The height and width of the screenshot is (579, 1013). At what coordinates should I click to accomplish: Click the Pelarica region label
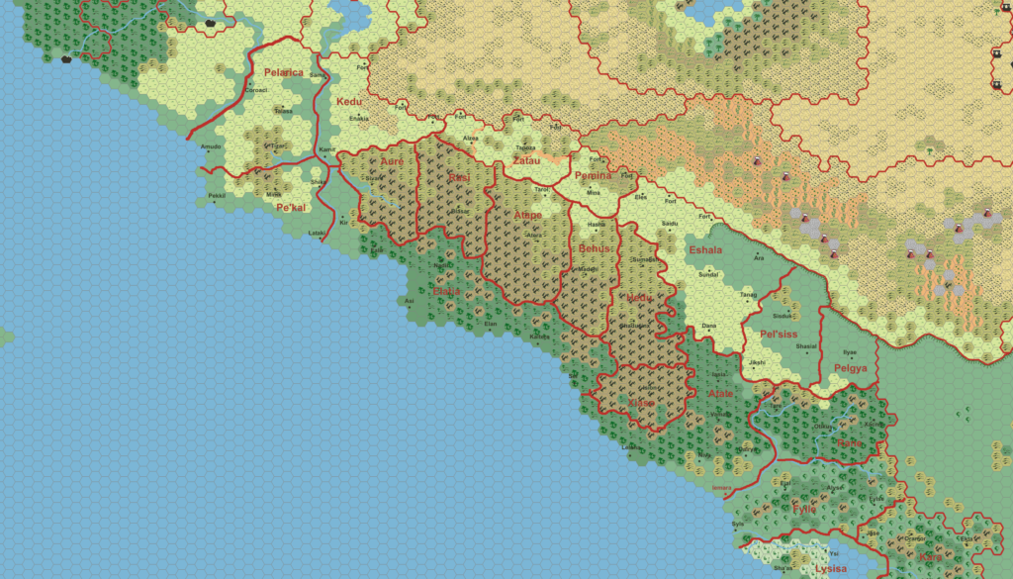click(283, 72)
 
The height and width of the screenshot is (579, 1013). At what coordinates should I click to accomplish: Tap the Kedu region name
click(349, 102)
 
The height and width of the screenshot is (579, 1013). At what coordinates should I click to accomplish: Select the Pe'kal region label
click(291, 208)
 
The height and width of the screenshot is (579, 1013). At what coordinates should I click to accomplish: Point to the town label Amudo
click(211, 147)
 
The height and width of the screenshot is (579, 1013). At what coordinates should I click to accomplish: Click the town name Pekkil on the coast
click(217, 196)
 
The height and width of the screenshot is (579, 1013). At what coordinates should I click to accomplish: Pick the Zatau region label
click(526, 160)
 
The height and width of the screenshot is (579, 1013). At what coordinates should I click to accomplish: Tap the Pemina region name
click(594, 175)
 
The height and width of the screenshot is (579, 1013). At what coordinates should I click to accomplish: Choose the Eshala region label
click(705, 250)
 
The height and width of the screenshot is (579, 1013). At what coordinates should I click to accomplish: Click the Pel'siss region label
click(779, 334)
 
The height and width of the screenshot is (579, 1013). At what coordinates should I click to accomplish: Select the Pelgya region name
click(850, 368)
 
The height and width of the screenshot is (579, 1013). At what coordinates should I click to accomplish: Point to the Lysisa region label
click(831, 569)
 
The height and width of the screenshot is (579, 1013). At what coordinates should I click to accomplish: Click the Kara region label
click(930, 557)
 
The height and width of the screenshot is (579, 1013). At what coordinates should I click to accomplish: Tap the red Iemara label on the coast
click(725, 488)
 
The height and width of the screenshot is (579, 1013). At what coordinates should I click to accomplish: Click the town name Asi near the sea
click(409, 301)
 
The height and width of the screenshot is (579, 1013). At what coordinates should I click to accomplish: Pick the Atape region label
click(527, 215)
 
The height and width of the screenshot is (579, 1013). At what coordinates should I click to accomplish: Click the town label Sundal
click(709, 275)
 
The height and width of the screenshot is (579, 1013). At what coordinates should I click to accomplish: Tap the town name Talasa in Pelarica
click(284, 112)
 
